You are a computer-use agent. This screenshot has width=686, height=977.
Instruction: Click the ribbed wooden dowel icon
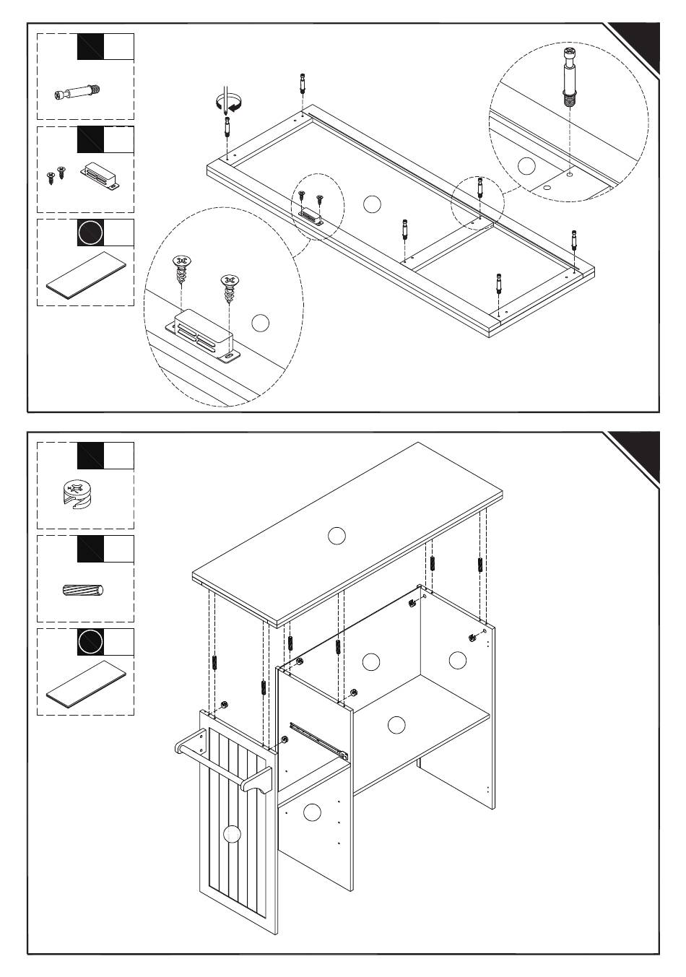83,590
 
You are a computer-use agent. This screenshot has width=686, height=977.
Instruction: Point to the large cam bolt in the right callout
568,76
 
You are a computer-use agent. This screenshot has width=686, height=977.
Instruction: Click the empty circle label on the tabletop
337,536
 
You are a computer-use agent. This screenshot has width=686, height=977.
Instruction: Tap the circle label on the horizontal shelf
396,725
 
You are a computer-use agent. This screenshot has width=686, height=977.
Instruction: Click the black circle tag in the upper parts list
90,233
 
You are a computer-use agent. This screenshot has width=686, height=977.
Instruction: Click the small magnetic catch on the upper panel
311,214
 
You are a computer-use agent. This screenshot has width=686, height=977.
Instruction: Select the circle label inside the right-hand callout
527,165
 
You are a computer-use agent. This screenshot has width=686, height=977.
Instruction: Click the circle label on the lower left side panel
312,812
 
